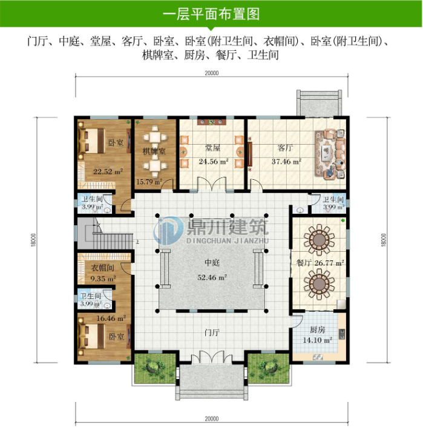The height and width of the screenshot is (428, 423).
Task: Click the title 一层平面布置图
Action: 211,13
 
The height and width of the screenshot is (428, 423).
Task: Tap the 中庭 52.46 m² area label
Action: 211,271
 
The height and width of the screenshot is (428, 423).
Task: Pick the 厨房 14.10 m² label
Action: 318,335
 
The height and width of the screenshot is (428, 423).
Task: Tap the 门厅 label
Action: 211,332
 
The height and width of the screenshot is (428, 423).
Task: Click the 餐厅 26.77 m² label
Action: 320,263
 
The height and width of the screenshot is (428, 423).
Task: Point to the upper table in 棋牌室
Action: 156,136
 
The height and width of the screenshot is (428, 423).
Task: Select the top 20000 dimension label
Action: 211,74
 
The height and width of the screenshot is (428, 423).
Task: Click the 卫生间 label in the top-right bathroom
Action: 333,200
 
